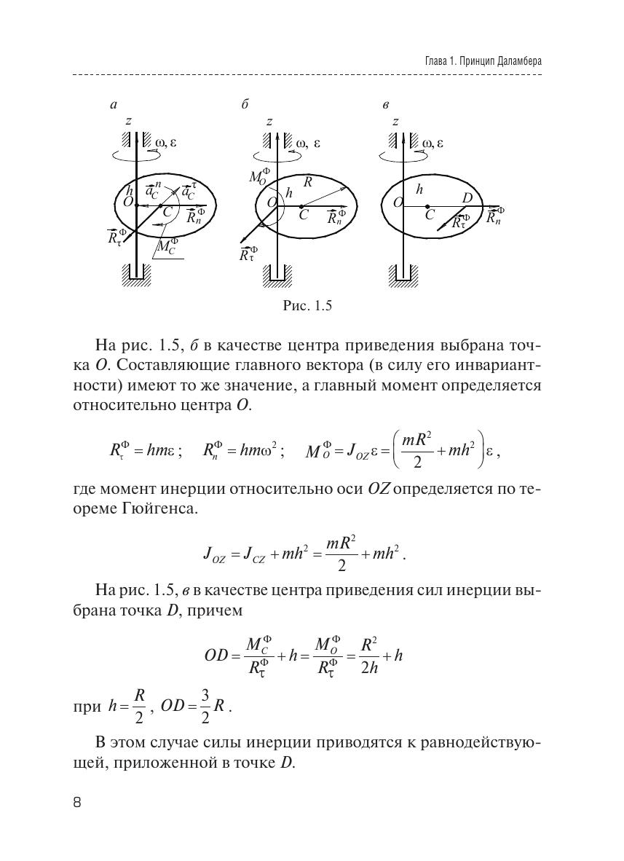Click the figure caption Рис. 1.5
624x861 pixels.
[x=307, y=306]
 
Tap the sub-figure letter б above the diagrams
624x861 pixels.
[x=245, y=105]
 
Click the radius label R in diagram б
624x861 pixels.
[x=307, y=182]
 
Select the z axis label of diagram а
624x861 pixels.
[x=128, y=122]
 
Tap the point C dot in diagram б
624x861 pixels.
[x=301, y=206]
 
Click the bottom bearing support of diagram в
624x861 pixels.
[x=403, y=275]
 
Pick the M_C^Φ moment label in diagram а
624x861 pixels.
[x=167, y=248]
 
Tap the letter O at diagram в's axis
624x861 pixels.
[x=398, y=203]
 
